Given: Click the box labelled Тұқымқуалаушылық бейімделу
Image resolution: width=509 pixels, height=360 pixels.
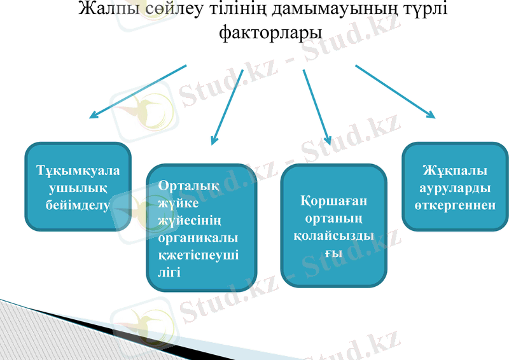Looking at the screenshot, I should pyautogui.click(x=78, y=187).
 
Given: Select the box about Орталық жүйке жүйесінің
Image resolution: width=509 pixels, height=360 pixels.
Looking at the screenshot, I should pyautogui.click(x=201, y=228).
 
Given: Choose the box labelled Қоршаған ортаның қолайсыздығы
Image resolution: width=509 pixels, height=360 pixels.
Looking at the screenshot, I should pyautogui.click(x=333, y=225).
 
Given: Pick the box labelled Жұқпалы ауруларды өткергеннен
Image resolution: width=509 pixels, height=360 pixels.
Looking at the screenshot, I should pyautogui.click(x=455, y=187).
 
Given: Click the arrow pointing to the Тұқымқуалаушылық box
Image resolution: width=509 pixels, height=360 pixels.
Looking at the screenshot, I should pyautogui.click(x=137, y=92).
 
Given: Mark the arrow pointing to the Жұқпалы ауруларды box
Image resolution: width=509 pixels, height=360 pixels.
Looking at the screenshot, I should pyautogui.click(x=394, y=92).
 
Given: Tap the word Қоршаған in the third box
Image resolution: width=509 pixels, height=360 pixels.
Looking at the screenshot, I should pyautogui.click(x=333, y=202).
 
